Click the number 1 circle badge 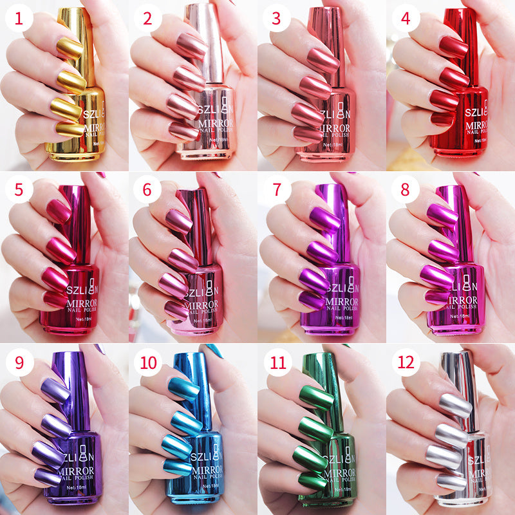[x=19, y=19]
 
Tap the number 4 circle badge [x=406, y=19]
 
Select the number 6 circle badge [x=148, y=191]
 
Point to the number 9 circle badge [x=19, y=362]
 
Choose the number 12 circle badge [x=406, y=362]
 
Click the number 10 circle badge [x=148, y=362]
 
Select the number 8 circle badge [x=406, y=191]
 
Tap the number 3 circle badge [x=277, y=19]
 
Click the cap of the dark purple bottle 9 [x=80, y=386]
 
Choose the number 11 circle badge [x=277, y=362]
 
